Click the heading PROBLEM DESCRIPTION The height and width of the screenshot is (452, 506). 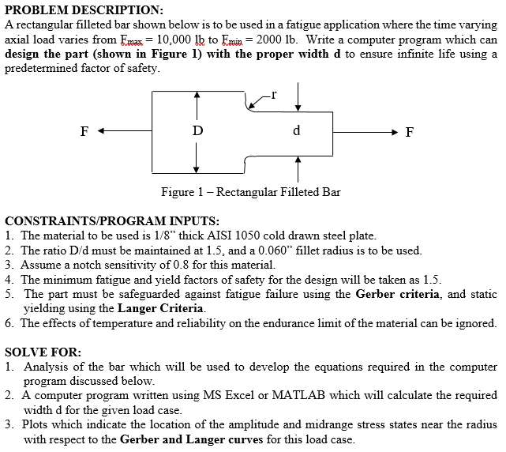84,9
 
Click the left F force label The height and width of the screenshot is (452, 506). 84,131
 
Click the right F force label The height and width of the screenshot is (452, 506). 408,132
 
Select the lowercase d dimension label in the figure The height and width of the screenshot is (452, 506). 296,130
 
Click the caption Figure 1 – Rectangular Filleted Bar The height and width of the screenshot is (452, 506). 250,192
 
